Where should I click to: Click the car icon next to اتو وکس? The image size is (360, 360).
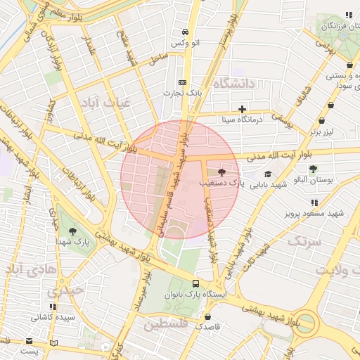coord(184,32)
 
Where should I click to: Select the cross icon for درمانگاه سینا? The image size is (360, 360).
coord(243,109)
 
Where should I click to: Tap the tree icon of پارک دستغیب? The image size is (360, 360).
coord(222,172)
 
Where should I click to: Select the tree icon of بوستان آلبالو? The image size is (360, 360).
coord(313,168)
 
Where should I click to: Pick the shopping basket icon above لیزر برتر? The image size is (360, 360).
coord(330,121)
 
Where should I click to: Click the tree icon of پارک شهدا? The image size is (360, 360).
coord(72,231)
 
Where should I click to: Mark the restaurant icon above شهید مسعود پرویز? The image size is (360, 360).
coord(314,202)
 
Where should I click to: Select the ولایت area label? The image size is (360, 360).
coord(335,270)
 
